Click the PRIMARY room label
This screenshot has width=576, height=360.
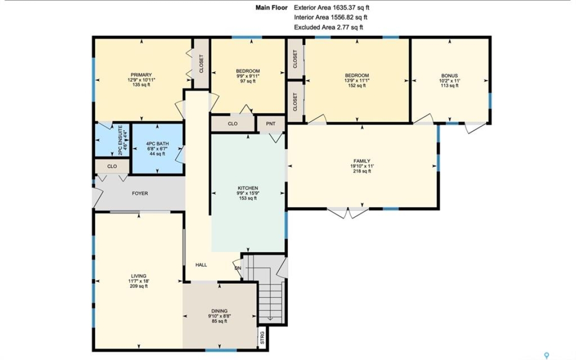[141, 75]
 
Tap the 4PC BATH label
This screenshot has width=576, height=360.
[157, 143]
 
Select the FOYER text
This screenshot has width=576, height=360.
[140, 193]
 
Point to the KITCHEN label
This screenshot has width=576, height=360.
[247, 188]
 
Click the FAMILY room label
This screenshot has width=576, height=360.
[362, 161]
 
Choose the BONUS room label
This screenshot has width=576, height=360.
[449, 75]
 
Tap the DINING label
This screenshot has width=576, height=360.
[219, 311]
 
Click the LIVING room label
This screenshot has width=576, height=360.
[138, 276]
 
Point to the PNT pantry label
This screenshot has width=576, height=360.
[270, 124]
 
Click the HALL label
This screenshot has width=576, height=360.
[201, 265]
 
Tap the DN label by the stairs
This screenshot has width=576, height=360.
[238, 268]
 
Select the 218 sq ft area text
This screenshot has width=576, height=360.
[362, 171]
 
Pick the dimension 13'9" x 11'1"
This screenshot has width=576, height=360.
[356, 80]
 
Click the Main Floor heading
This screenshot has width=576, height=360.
[271, 7]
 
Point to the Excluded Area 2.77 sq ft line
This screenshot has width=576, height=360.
[328, 27]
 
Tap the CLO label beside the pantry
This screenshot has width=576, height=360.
[232, 124]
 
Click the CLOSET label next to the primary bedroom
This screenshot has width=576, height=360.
[201, 63]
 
